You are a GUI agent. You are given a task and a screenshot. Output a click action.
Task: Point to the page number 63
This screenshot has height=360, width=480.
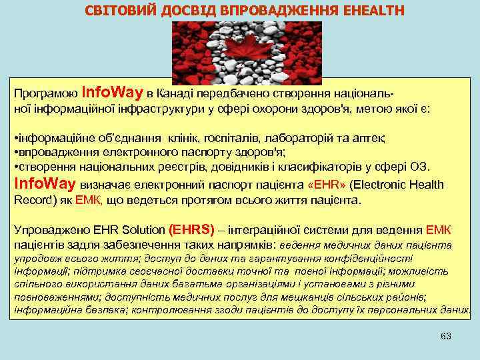tap(446, 336)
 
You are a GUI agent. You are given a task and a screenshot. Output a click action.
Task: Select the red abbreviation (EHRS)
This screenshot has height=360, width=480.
tap(193, 230)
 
